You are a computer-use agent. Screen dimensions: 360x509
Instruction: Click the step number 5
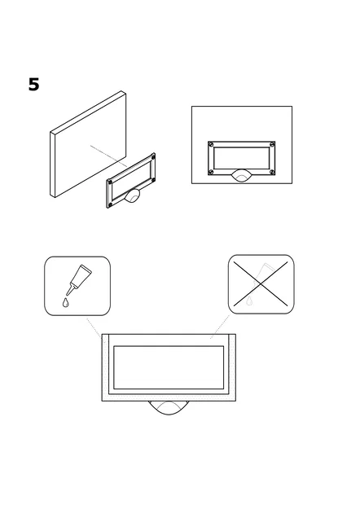coord(33,85)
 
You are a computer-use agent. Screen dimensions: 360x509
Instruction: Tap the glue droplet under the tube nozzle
coord(66,302)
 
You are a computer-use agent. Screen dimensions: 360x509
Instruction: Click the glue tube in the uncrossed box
coord(79,279)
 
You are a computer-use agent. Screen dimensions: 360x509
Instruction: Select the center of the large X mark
coord(261,284)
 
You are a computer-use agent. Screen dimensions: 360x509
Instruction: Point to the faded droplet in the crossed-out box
coord(249,301)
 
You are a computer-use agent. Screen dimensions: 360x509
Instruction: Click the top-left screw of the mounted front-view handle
coord(211,144)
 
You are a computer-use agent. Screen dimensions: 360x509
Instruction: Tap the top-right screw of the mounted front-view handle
coord(272,144)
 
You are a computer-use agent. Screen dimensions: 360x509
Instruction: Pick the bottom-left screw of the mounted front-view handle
coord(211,172)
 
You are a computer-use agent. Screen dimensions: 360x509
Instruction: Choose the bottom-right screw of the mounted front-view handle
coord(272,172)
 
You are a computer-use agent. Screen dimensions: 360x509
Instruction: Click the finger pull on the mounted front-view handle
coord(241,176)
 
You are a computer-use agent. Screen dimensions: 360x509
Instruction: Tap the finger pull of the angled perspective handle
coord(133,196)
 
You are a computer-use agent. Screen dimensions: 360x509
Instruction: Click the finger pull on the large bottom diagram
coord(169,408)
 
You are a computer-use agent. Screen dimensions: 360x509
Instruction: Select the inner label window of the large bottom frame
coord(169,367)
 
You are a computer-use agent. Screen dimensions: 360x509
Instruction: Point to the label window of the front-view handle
coord(242,158)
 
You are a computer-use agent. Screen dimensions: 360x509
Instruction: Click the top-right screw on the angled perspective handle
coord(153,157)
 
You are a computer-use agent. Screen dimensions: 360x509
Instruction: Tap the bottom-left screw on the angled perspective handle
coord(110,205)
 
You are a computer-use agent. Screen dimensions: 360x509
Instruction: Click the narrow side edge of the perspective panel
coord(52,165)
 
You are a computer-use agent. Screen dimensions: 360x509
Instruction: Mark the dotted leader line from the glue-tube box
coord(94,328)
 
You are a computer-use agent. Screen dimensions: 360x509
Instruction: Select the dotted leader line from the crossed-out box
coord(220,327)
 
